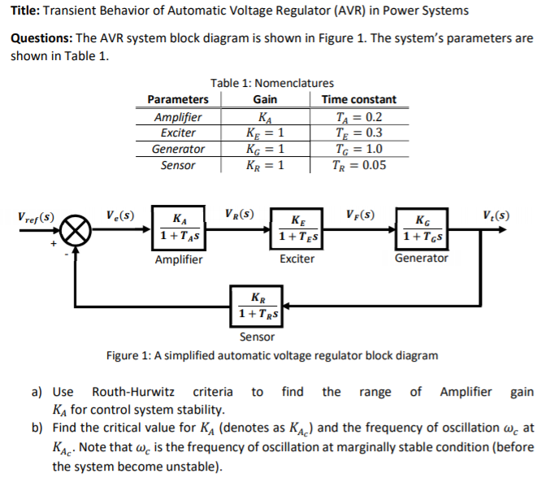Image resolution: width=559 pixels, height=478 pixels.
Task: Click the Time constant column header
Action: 359,99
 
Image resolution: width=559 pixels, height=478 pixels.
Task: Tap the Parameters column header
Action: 178,99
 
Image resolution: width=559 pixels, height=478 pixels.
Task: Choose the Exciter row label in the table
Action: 178,133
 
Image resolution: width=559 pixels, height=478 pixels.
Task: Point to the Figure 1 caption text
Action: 272,355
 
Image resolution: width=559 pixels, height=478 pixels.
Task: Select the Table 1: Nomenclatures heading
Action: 271,83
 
